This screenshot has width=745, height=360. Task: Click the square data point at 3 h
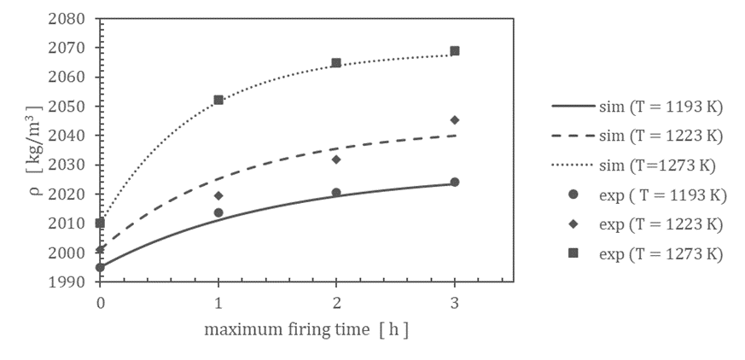[455, 50]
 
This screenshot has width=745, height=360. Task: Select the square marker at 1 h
[218, 100]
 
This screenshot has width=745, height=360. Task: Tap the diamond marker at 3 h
[455, 119]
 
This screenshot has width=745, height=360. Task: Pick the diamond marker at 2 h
[336, 160]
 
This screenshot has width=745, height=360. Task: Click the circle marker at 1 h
[218, 212]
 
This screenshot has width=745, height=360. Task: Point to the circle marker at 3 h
[455, 182]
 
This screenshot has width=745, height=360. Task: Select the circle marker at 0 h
[101, 267]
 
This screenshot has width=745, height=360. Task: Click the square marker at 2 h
[336, 63]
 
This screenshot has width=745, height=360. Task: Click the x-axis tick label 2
[336, 300]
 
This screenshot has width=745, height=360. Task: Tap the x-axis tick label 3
[455, 300]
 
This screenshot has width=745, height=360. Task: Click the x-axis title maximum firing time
[306, 329]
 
